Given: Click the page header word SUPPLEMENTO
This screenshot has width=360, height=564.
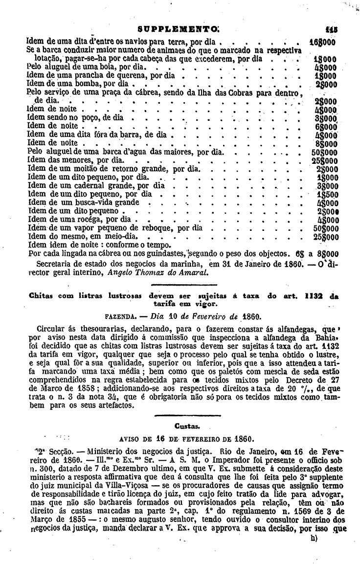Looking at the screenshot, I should click(x=177, y=29).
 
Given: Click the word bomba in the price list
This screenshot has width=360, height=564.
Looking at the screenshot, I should click(x=88, y=84).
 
